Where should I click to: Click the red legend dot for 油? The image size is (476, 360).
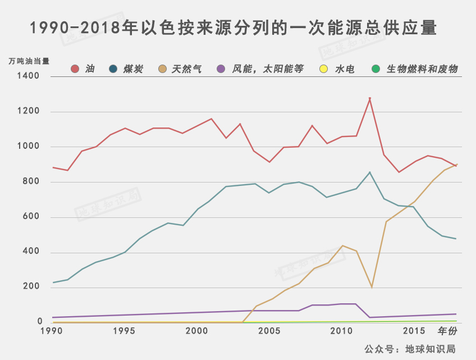coord(75,69)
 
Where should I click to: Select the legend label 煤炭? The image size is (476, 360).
coord(134,69)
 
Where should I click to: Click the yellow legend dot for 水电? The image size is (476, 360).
coord(323,69)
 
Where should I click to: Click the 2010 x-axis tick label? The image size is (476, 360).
coord(342,331)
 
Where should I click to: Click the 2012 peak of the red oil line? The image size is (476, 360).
coord(370,98)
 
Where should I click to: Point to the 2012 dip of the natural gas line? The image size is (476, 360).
coord(372,287)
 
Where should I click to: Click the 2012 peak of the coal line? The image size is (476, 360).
coord(370,172)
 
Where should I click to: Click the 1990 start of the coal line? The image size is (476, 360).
coord(53,282)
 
